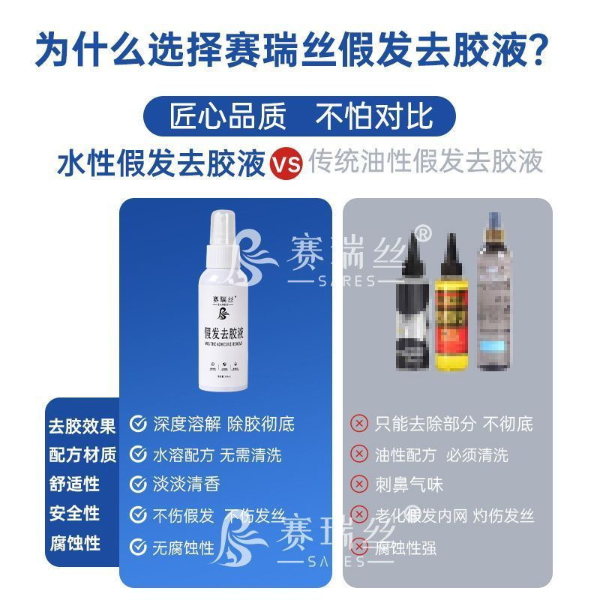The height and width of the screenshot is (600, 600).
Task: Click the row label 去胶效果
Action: coord(82,426)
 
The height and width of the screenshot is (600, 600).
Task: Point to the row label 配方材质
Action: coord(82,455)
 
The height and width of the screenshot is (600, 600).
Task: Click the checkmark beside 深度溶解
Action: coord(138,424)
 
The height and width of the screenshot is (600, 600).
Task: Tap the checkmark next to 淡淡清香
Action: coord(138,484)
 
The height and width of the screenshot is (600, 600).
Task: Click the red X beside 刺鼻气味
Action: coord(360,484)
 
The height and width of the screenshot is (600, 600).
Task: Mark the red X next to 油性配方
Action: coord(360,454)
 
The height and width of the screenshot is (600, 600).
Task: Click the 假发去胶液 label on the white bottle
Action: coord(223,331)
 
